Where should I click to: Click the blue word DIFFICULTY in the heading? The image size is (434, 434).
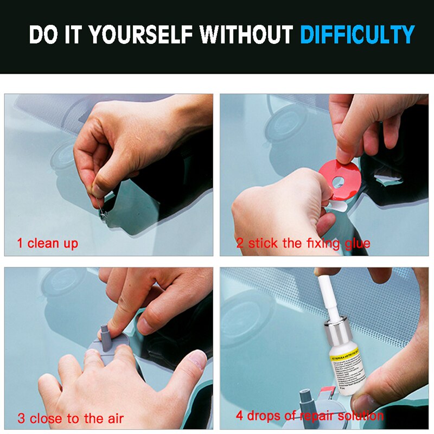pyautogui.click(x=357, y=35)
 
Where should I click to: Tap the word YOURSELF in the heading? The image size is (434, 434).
pyautogui.click(x=142, y=35)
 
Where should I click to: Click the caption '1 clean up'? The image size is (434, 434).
pyautogui.click(x=48, y=243)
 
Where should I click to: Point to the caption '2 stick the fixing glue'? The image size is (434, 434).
pyautogui.click(x=303, y=243)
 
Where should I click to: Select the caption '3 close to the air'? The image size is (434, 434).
pyautogui.click(x=71, y=418)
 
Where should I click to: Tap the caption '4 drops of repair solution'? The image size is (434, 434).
pyautogui.click(x=309, y=416)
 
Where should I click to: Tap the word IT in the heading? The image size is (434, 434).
pyautogui.click(x=74, y=35)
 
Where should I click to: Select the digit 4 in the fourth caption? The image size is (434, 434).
pyautogui.click(x=239, y=416)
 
